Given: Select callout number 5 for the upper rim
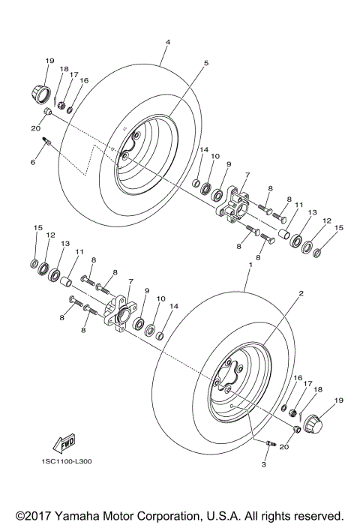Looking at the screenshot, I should coord(205,64).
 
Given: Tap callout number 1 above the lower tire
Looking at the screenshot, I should coord(249,267).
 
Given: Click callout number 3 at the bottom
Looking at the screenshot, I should coord(264,465).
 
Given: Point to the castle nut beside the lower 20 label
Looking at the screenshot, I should coord(297,429).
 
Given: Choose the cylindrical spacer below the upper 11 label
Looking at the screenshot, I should coord(284,235).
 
